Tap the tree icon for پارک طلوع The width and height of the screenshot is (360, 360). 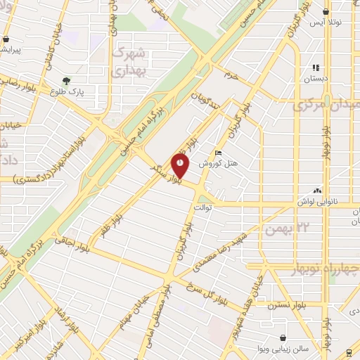click(x=67, y=82)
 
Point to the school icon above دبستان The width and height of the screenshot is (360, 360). click(x=316, y=68)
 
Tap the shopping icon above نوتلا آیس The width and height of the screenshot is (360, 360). click(x=326, y=12)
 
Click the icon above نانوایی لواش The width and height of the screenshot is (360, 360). click(x=319, y=190)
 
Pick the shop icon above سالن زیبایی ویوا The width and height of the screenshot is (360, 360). click(x=282, y=338)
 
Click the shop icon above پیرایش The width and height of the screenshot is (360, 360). click(x=6, y=39)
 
